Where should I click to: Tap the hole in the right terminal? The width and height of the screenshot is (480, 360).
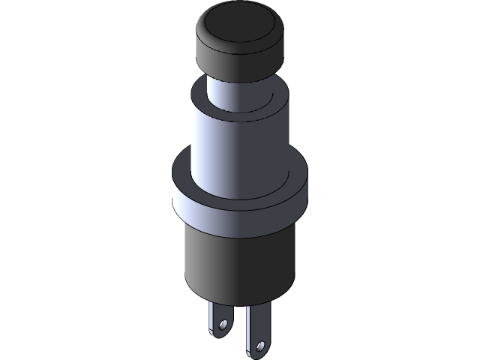pos(260,346)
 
